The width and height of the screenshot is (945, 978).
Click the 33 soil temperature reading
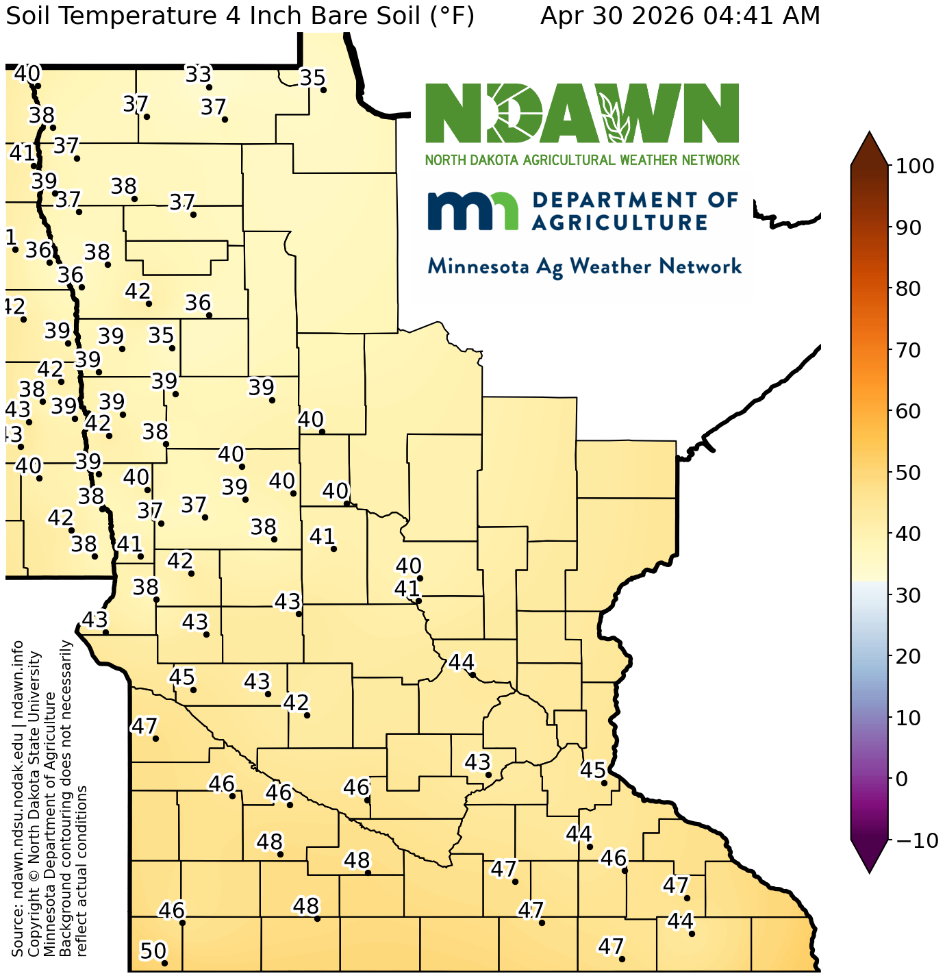point(199,74)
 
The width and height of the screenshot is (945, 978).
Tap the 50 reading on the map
point(153,951)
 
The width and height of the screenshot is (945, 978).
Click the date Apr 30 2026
point(618,15)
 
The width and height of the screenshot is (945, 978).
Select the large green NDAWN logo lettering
point(582,113)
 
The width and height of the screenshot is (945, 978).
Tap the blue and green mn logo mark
point(473,210)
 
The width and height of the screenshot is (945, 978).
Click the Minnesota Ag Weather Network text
point(584,266)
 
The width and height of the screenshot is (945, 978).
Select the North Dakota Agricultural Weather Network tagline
point(582,160)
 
